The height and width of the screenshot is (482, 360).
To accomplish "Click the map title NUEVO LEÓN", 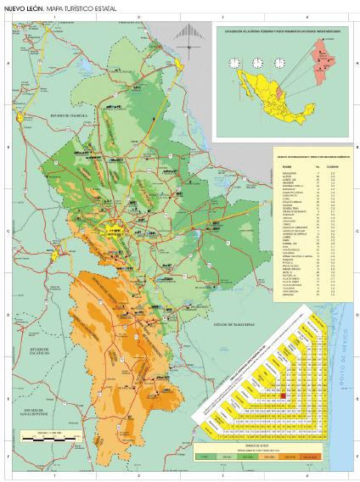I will (x=23, y=7).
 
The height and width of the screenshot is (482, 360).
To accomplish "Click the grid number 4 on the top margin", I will (x=306, y=17).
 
